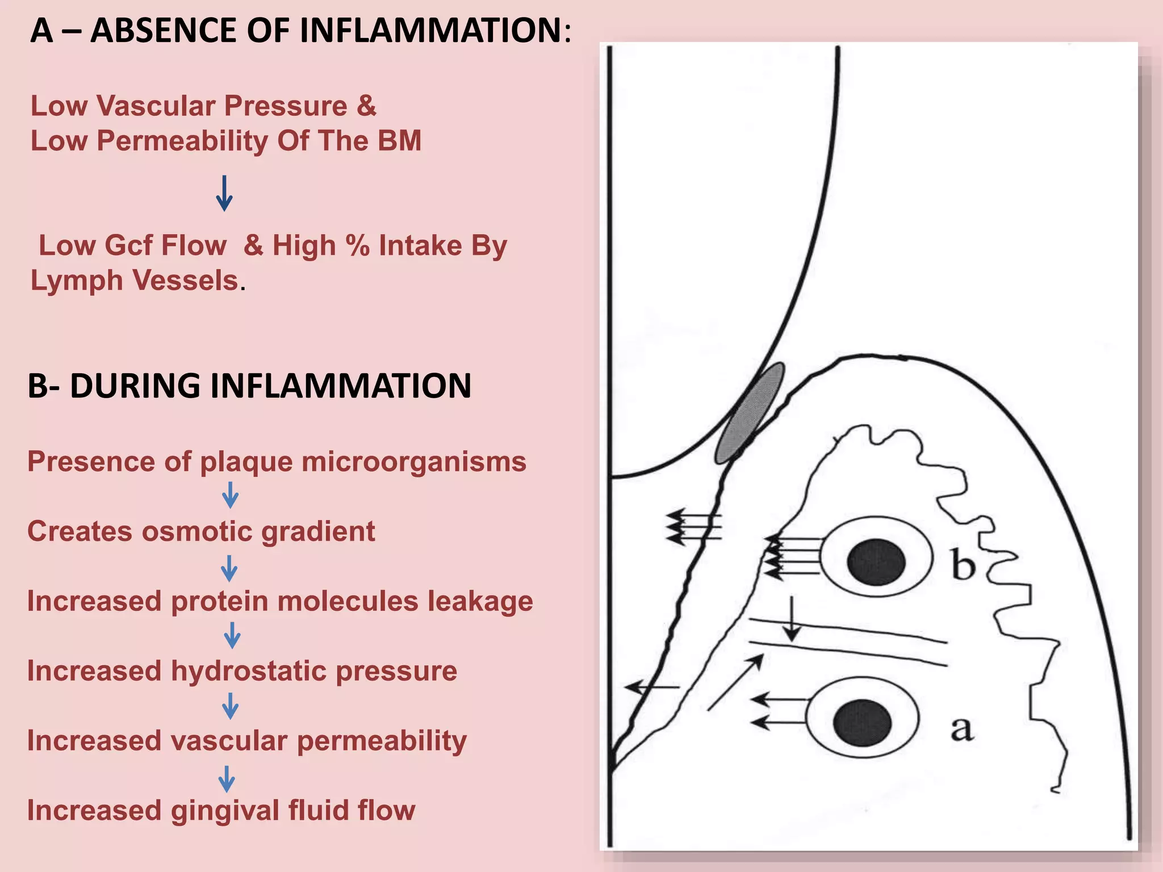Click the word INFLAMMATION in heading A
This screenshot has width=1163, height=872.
click(430, 31)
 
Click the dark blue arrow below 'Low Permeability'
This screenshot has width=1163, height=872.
click(224, 193)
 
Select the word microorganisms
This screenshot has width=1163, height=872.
click(414, 462)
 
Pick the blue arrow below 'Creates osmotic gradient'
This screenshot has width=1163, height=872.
click(229, 568)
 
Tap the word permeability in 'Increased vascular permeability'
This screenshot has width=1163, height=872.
click(382, 741)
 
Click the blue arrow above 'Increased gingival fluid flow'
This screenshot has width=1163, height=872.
click(227, 779)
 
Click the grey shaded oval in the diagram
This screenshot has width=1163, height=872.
click(749, 413)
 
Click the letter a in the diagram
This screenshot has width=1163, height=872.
click(961, 728)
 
